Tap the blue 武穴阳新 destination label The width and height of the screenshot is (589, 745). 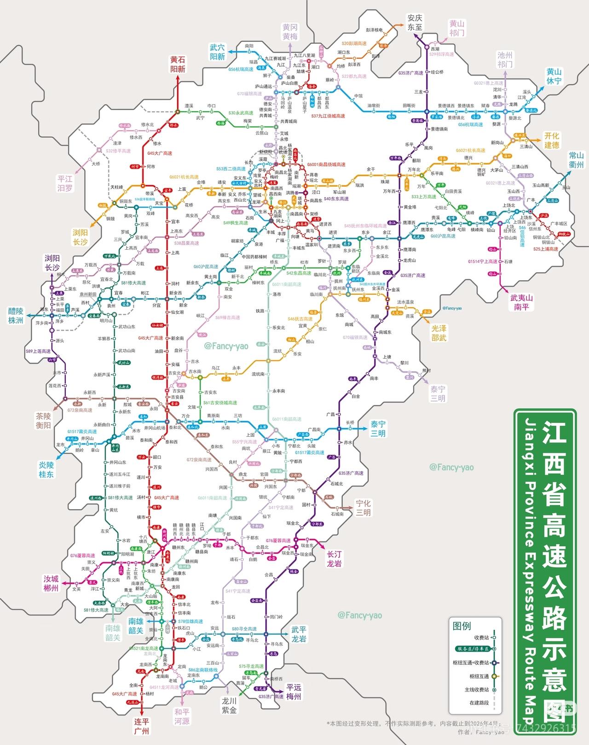217,52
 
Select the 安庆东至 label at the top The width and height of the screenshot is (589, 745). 415,23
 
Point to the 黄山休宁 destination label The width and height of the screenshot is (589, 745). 554,76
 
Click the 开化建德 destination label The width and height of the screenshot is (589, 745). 552,140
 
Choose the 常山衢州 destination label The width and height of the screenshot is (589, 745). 576,160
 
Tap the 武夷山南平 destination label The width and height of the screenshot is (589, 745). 521,302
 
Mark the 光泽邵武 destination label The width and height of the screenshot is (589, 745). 439,333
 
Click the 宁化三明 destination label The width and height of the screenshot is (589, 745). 363,508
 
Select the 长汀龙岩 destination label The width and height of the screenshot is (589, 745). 334,559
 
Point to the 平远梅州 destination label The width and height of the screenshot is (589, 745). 294,691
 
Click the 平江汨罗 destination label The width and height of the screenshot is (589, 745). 65,183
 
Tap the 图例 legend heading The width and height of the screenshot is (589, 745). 462,626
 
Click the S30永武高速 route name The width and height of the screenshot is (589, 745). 241,113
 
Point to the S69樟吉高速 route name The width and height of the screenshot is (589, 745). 227,317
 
